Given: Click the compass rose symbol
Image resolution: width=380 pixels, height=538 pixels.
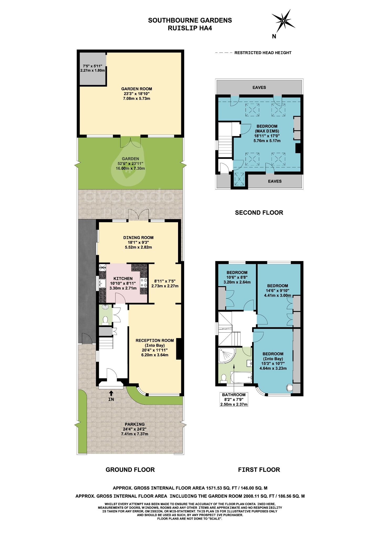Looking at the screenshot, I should [283, 21].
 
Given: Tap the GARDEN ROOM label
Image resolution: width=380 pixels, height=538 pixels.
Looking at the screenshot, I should [137, 89].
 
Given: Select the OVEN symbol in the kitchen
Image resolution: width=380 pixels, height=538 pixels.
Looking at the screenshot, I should [102, 268].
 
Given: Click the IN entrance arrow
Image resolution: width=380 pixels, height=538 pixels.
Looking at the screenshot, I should [111, 394].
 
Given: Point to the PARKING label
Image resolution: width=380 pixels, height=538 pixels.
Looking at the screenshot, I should [134, 424].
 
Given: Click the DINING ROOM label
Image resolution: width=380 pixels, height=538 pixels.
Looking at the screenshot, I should [138, 237].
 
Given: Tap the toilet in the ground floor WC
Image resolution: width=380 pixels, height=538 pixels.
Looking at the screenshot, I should [105, 320].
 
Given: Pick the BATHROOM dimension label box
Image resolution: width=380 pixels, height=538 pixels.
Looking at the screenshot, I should [234, 400].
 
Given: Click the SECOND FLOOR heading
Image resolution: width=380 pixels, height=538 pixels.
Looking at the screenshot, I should [259, 213].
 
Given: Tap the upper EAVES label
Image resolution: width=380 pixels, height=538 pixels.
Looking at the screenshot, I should [259, 87].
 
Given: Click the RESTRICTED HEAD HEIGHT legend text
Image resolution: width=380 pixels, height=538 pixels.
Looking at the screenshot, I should [263, 53].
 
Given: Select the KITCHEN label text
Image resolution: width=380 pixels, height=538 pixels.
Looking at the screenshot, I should [123, 278].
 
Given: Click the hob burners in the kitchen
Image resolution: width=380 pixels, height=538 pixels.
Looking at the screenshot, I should [144, 283].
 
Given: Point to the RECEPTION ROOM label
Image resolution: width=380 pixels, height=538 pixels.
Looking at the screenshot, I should [155, 340].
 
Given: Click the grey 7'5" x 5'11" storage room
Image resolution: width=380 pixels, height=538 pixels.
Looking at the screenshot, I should [93, 68].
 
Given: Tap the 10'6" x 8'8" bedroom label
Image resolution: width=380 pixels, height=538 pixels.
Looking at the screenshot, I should [237, 277].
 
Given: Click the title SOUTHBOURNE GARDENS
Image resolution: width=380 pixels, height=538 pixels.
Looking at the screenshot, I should [190, 20].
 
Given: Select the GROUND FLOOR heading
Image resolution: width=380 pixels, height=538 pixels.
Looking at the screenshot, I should [130, 470].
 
